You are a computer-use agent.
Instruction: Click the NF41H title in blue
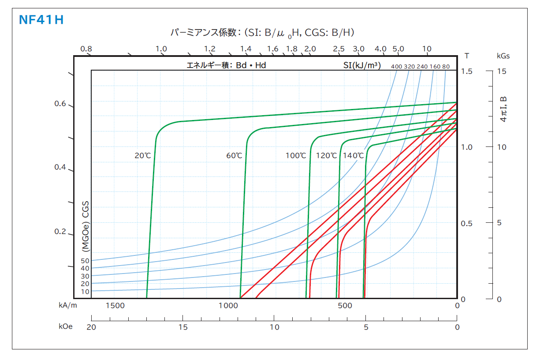click(x=41, y=20)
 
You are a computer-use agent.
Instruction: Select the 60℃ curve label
click(x=234, y=155)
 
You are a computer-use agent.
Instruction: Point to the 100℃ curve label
click(x=296, y=155)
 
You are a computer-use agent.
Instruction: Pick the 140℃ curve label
click(x=354, y=155)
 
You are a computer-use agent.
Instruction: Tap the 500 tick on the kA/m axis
click(x=345, y=305)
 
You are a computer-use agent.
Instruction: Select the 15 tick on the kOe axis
click(x=183, y=327)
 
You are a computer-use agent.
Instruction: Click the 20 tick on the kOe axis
click(x=91, y=327)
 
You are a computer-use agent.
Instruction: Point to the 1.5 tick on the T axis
click(x=466, y=71)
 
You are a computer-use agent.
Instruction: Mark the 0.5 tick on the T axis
click(x=466, y=223)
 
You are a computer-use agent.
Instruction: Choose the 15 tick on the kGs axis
click(x=502, y=71)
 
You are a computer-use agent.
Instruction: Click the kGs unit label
click(x=503, y=56)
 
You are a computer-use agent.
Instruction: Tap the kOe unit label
click(x=66, y=327)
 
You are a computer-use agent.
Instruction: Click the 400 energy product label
click(x=397, y=67)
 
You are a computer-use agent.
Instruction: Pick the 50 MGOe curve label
click(x=85, y=261)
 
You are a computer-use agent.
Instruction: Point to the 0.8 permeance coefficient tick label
click(x=86, y=49)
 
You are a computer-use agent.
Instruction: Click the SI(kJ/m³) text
click(x=362, y=66)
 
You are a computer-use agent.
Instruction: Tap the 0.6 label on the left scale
click(x=60, y=104)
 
